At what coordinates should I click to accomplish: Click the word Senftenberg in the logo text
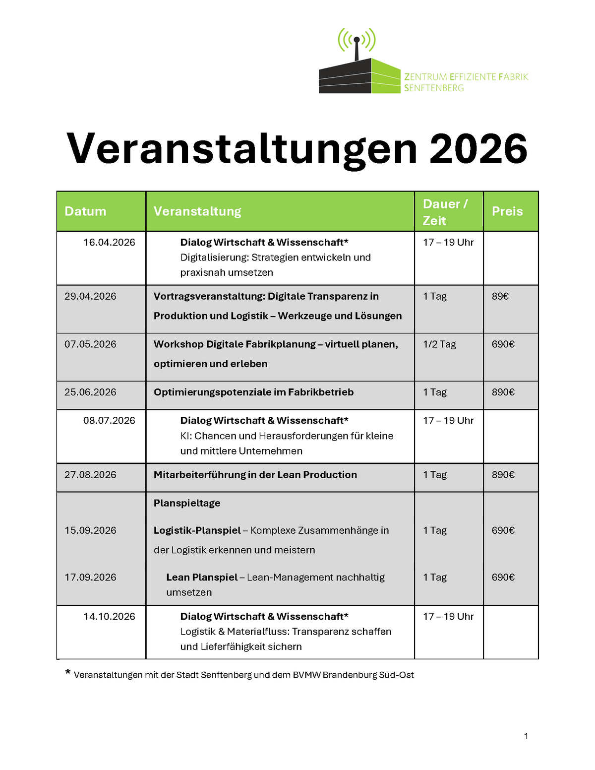[434, 88]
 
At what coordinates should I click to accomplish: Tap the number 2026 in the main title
[478, 148]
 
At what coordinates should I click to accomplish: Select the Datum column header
[85, 211]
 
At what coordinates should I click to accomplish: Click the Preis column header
[507, 211]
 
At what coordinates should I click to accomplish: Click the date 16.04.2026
[109, 243]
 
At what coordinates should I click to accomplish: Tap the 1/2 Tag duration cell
[439, 344]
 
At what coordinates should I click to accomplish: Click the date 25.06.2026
[90, 392]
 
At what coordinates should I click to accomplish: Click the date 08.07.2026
[109, 421]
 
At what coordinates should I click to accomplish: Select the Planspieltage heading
[187, 503]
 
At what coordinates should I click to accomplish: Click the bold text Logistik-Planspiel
[197, 530]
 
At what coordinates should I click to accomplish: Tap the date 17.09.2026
[90, 577]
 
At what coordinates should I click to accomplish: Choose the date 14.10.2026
[109, 617]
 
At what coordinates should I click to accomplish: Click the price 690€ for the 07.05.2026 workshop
[503, 344]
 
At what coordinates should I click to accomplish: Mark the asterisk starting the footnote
[68, 673]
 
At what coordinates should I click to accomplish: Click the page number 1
[526, 736]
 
